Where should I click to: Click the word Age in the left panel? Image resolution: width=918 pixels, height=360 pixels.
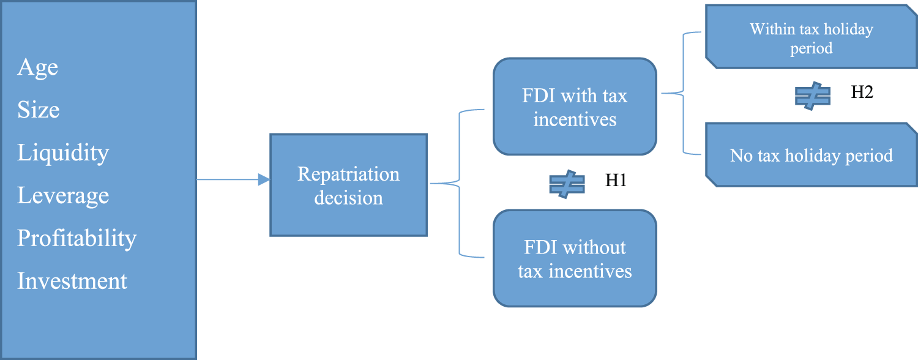pyautogui.click(x=37, y=67)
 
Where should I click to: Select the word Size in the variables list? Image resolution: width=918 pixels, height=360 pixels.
pyautogui.click(x=38, y=110)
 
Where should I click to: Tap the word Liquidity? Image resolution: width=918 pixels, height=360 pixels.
pyautogui.click(x=62, y=152)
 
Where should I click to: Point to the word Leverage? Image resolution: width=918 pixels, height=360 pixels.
pyautogui.click(x=62, y=196)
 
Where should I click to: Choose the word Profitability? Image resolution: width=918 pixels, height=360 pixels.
pyautogui.click(x=76, y=238)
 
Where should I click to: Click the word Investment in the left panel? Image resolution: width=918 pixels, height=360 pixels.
pyautogui.click(x=72, y=281)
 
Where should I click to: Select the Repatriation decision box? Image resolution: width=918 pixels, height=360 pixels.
pyautogui.click(x=348, y=185)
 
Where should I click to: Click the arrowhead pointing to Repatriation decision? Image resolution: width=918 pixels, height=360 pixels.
pyautogui.click(x=264, y=179)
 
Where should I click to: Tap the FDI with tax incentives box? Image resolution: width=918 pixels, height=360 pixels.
pyautogui.click(x=574, y=107)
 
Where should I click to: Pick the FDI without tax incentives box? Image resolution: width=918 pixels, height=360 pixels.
pyautogui.click(x=574, y=258)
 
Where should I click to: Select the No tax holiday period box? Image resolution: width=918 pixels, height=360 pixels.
pyautogui.click(x=811, y=155)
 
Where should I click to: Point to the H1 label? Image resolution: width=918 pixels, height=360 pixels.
pyautogui.click(x=616, y=181)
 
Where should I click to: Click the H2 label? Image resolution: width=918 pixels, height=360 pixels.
pyautogui.click(x=862, y=92)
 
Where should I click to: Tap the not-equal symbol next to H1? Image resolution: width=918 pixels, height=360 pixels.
pyautogui.click(x=567, y=184)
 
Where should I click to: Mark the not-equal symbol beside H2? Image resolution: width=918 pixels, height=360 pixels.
pyautogui.click(x=812, y=96)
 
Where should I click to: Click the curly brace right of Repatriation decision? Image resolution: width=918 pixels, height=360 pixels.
pyautogui.click(x=458, y=182)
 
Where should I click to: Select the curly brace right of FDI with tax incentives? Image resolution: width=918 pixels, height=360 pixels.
pyautogui.click(x=682, y=94)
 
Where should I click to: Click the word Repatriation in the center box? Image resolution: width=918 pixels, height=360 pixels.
pyautogui.click(x=348, y=174)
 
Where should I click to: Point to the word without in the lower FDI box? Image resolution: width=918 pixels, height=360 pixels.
pyautogui.click(x=592, y=248)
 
